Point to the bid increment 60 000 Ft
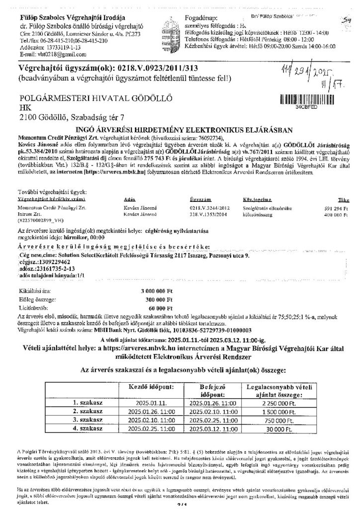tap(159, 308)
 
